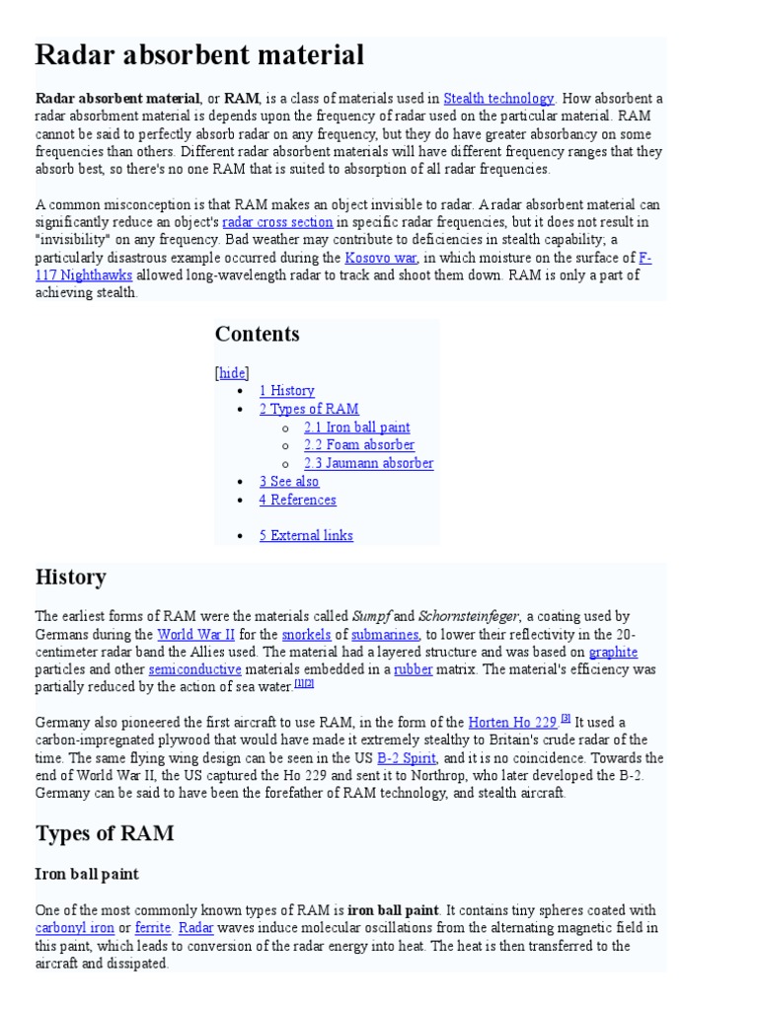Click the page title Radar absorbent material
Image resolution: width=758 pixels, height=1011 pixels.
pos(199,55)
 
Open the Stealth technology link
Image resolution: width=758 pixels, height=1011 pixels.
pos(498,99)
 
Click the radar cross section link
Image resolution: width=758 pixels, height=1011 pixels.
pos(277,222)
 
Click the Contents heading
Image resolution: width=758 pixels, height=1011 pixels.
pos(257,334)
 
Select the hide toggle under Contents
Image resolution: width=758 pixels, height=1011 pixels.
pos(232,372)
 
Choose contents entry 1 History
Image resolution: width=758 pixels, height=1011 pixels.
pos(286,391)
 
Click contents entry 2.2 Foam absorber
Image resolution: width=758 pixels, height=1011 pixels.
pos(358,445)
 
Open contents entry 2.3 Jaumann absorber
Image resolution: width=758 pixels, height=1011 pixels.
pos(368,463)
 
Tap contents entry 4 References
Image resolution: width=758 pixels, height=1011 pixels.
pos(297,500)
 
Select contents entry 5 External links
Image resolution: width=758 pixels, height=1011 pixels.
pos(306,536)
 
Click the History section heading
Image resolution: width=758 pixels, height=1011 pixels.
pos(71,577)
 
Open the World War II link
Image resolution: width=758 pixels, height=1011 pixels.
pos(195,635)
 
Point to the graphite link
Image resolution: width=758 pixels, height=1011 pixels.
pos(613,653)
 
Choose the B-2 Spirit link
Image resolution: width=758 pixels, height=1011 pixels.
pos(406,758)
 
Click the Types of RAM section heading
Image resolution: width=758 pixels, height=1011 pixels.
pos(105,833)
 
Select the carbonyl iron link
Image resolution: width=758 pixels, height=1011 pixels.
pos(74,928)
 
